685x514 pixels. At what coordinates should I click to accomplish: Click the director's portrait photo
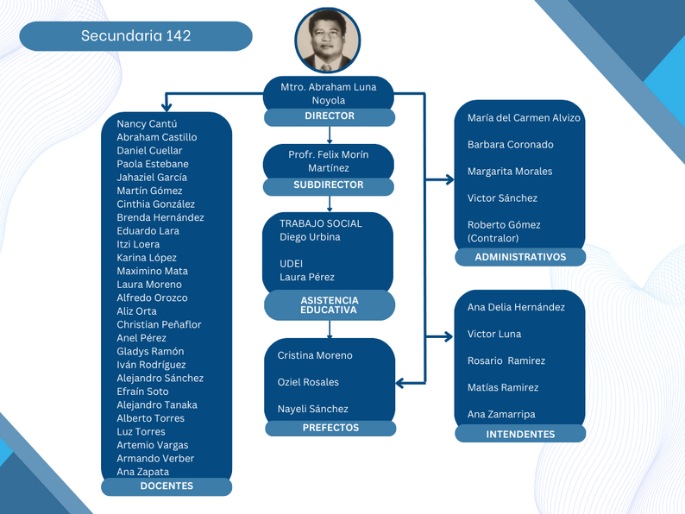click(328, 41)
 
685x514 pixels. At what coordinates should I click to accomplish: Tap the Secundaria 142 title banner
click(135, 36)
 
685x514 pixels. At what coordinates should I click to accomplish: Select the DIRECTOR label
click(329, 116)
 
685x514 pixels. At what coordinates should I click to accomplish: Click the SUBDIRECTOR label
click(329, 185)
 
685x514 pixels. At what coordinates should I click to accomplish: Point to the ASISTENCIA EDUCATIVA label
click(330, 305)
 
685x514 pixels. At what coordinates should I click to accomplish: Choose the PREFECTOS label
click(330, 428)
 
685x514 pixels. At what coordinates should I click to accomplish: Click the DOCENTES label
click(167, 486)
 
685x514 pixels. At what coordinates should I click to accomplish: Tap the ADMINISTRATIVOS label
click(520, 257)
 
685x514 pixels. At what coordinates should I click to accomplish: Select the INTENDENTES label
click(520, 434)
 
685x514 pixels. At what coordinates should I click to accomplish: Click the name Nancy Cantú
click(147, 124)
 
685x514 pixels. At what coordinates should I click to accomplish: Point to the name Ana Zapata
click(143, 472)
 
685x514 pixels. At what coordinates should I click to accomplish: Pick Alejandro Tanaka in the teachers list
click(157, 405)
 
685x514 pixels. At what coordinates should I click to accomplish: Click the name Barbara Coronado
click(511, 145)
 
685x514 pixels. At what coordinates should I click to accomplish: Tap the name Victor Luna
click(494, 335)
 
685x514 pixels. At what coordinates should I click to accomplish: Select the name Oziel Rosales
click(308, 382)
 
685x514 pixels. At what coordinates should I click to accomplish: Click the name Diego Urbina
click(310, 237)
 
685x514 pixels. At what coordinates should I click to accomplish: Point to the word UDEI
click(291, 264)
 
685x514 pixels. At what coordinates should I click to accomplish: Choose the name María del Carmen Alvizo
click(524, 118)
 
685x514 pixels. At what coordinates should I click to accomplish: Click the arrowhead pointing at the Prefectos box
click(401, 382)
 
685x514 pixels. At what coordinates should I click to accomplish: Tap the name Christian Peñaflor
click(159, 325)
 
